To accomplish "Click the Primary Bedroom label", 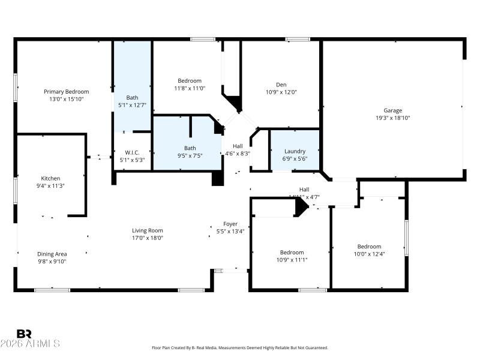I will pos(63,92).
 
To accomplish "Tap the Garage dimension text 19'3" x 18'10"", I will pos(393,118).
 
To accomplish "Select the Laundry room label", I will pos(295,151).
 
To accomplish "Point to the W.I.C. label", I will pos(132,152).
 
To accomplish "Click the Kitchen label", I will pos(50,178).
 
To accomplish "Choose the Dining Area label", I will pos(52,254).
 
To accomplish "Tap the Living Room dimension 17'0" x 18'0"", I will pos(148,238).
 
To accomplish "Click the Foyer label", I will pos(230,224).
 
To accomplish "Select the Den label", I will pos(281,85).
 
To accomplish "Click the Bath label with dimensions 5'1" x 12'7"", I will pos(132,98).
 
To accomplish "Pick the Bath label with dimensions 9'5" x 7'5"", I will pos(190,148).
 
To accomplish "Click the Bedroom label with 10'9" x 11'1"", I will pos(292,253).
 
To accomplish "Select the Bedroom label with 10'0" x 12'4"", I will pos(369,247).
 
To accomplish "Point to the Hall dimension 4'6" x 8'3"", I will pos(238,153).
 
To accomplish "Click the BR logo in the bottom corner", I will pos(24,334).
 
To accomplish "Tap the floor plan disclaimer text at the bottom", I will pos(240,347).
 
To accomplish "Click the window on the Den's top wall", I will pos(298,40).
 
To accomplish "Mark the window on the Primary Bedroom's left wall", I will pos(16,88).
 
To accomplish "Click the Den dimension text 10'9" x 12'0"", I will pos(281,92).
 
